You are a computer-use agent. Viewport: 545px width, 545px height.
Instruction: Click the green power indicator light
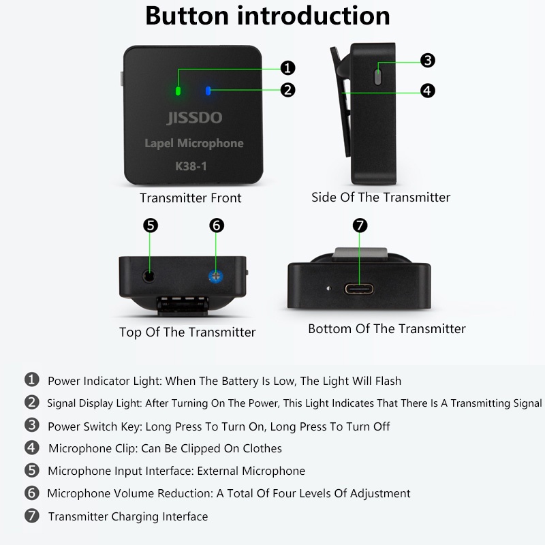178,91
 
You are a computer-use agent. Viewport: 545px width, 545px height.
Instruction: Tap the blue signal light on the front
208,91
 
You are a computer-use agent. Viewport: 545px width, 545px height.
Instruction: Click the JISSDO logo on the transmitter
194,118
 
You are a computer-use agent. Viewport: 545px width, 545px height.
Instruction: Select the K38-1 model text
191,166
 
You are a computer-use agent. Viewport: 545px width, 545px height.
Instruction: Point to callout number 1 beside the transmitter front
287,67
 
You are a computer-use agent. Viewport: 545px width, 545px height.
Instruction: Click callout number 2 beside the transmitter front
287,90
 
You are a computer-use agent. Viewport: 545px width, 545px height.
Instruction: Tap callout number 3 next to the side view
428,60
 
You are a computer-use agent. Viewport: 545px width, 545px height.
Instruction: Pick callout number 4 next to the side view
428,91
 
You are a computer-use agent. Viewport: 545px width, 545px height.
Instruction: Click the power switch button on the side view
378,77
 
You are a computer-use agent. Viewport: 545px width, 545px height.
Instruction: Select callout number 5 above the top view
151,225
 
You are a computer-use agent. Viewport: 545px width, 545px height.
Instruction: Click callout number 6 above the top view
217,225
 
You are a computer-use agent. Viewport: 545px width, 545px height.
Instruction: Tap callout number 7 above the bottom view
360,225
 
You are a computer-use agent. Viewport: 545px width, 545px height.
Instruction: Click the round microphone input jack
149,277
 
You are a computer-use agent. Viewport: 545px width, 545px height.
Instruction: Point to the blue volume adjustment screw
216,277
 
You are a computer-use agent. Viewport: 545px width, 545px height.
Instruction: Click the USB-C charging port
360,289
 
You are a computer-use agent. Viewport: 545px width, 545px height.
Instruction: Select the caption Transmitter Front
191,198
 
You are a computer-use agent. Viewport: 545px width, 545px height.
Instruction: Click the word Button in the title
187,16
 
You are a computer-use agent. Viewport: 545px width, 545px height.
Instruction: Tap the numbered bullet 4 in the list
31,448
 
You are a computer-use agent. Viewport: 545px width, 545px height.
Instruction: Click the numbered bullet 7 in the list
31,516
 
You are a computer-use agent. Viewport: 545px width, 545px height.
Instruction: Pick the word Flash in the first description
388,381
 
